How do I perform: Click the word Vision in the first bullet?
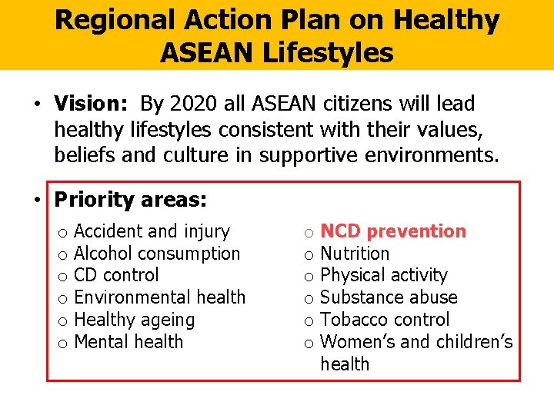(84, 104)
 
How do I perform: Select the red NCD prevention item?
(393, 231)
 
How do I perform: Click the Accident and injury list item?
(152, 231)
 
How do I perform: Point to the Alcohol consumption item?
(157, 254)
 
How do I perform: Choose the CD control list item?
(116, 275)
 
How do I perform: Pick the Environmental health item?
(159, 297)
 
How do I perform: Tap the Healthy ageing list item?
(134, 320)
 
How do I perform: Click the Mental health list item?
(128, 341)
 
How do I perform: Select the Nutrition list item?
(355, 254)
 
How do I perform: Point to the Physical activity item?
(383, 275)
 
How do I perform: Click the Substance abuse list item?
(389, 297)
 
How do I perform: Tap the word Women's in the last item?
(355, 341)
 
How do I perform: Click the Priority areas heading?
(130, 200)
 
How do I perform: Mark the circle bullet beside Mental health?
(62, 343)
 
